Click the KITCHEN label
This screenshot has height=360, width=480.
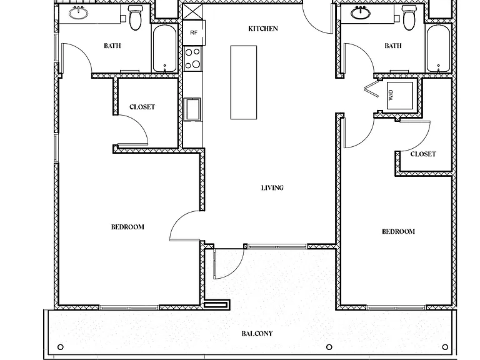[263, 29]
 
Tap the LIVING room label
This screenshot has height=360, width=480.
[272, 187]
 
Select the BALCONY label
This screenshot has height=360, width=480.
[257, 334]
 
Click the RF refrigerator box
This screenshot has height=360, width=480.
[194, 32]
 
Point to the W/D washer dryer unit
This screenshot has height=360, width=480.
[400, 95]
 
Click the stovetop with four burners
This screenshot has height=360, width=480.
[193, 58]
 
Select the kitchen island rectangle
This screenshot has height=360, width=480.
[244, 82]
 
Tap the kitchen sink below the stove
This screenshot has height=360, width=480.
[192, 109]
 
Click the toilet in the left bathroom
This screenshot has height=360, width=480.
[135, 17]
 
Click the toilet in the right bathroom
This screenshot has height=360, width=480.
[409, 17]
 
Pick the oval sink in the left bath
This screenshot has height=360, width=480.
[79, 13]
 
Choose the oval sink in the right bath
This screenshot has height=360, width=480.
[361, 12]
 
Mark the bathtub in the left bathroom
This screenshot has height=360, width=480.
[165, 48]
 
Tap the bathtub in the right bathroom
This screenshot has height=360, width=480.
[439, 48]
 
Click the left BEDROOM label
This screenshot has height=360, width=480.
[127, 227]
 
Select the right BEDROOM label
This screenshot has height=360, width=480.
[398, 231]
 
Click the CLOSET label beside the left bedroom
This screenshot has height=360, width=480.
[142, 107]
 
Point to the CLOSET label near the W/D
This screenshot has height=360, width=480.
[423, 154]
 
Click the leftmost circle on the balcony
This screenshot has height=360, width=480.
[61, 347]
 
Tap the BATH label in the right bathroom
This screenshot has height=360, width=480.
[393, 46]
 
